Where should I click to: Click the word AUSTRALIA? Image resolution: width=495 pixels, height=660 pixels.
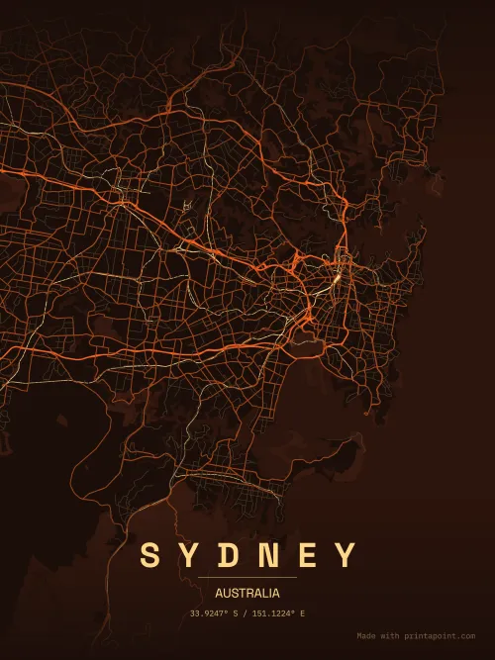247,594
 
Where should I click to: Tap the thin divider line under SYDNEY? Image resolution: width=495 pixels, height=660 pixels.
247,577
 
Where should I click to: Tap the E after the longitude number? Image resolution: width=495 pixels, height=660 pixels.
302,613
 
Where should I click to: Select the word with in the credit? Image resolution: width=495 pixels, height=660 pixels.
391,636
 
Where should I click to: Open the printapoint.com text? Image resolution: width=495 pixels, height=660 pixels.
441,636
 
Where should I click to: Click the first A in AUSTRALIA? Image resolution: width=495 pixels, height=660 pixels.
219,594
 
